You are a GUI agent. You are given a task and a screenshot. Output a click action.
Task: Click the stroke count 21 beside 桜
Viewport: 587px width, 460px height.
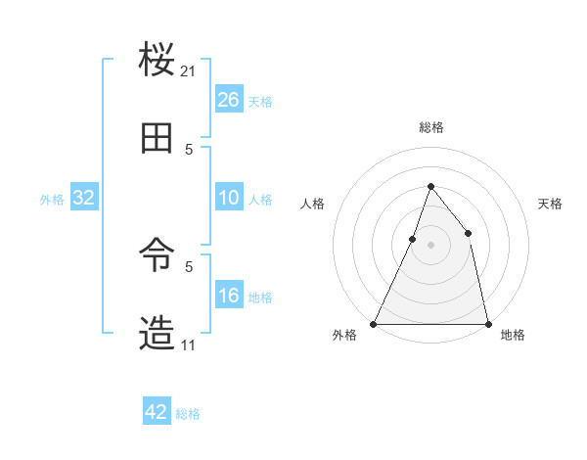(x=189, y=70)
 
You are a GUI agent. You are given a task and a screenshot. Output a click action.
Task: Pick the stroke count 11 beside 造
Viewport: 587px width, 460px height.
(x=189, y=345)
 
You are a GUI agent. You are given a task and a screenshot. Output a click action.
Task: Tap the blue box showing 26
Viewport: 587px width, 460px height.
(x=229, y=100)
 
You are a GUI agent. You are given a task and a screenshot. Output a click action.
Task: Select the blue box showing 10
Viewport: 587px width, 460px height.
(x=229, y=198)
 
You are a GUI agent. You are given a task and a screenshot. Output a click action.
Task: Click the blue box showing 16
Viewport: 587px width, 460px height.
(x=229, y=296)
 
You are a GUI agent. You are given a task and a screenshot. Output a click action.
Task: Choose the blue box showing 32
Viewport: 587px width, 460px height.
(x=84, y=198)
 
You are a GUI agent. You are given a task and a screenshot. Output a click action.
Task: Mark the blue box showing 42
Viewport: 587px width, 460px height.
(x=157, y=412)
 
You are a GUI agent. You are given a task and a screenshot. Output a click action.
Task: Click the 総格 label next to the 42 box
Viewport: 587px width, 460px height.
(x=188, y=414)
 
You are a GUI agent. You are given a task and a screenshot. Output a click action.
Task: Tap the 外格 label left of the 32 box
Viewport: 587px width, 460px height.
(x=52, y=200)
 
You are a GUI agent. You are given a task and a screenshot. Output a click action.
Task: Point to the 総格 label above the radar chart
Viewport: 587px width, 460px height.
(x=430, y=127)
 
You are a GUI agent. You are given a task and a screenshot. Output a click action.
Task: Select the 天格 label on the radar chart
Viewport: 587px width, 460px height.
(x=551, y=204)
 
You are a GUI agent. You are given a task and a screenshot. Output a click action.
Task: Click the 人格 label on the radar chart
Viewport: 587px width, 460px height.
(x=312, y=204)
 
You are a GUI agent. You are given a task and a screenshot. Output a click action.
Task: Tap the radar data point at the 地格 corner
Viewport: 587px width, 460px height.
(x=487, y=323)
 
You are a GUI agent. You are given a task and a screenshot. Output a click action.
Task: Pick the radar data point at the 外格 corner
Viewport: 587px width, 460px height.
(x=374, y=323)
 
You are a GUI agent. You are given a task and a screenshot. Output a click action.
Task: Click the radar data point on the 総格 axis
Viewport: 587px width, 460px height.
(x=430, y=186)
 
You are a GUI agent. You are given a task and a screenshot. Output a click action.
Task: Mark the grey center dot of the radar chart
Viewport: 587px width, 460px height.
(x=430, y=245)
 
